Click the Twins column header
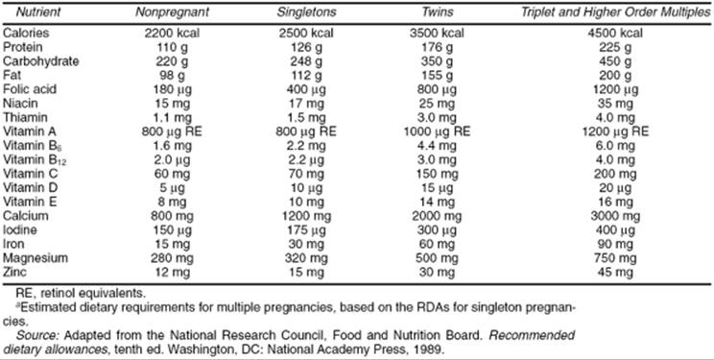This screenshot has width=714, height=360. [x=437, y=12]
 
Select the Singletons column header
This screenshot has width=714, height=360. [x=305, y=12]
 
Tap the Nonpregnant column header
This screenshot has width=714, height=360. [x=172, y=12]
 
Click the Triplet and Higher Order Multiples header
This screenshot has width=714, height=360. [x=616, y=12]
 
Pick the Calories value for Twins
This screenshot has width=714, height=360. [x=437, y=34]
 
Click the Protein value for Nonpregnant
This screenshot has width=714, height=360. [x=172, y=47]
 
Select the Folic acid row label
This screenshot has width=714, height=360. [x=30, y=89]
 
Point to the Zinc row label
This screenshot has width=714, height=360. [x=15, y=272]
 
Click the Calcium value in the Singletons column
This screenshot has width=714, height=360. [x=305, y=216]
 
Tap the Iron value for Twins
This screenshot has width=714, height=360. [x=437, y=244]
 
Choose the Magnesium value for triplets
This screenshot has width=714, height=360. [x=616, y=258]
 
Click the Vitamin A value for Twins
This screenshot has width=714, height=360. [x=437, y=132]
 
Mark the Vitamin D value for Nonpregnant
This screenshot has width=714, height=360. [x=172, y=187]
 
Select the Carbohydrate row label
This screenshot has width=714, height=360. [x=41, y=61]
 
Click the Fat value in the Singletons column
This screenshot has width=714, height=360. [x=305, y=75]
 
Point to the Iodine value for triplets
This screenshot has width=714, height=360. [x=616, y=229]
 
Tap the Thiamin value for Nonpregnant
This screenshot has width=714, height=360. [x=172, y=117]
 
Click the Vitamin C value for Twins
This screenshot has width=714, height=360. [x=437, y=174]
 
